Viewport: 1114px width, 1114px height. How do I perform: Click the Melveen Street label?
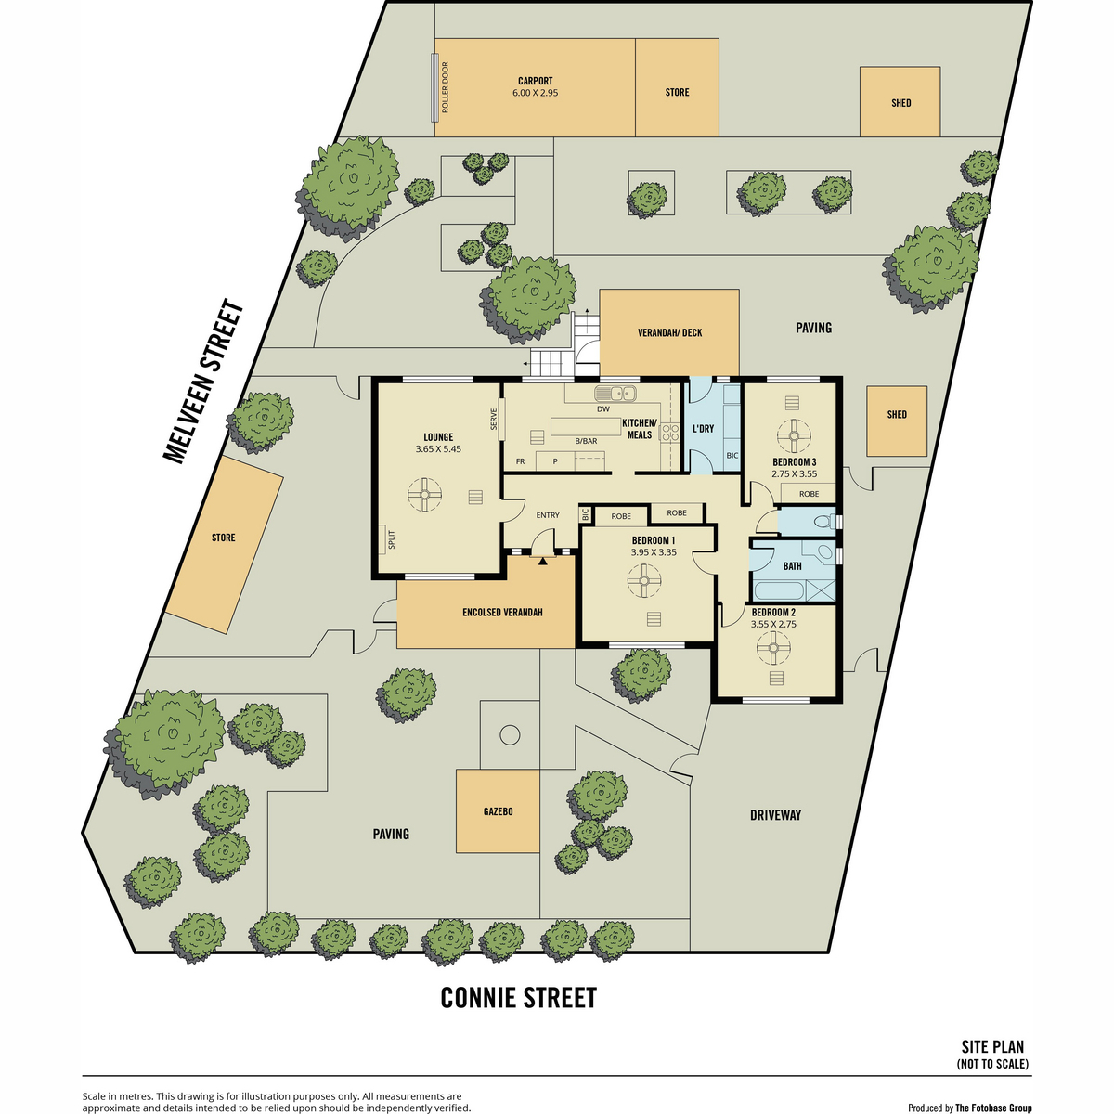coord(203,381)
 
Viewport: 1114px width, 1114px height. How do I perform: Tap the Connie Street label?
coord(518,998)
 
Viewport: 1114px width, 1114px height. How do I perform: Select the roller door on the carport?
coord(434,88)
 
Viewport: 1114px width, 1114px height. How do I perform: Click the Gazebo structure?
coord(498,810)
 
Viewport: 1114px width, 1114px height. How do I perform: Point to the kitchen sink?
coord(615,394)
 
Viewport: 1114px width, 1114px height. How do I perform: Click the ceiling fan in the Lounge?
coord(424,494)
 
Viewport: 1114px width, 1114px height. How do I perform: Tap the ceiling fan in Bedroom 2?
coord(773,647)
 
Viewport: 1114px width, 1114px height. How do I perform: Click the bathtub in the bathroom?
coord(778,591)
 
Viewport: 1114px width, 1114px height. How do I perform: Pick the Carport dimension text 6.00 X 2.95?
coord(535,93)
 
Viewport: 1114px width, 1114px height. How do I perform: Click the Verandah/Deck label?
coord(669,332)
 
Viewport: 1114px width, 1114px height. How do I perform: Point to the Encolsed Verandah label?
coord(502,612)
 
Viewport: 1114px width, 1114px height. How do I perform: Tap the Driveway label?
coord(775,815)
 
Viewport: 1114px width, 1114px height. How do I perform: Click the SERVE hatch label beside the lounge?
coord(494,419)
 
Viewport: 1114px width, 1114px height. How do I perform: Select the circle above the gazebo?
coord(510,735)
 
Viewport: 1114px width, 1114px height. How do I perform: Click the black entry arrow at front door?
coord(542,560)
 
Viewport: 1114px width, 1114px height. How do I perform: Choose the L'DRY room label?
coord(703,428)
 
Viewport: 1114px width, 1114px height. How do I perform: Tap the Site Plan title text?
coord(992,1047)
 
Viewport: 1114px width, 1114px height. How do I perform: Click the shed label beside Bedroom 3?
coord(897,414)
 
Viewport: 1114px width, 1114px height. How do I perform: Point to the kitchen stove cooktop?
coord(670,433)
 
